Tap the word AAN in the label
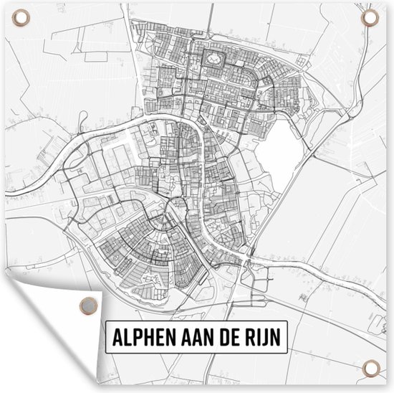coord(188,336)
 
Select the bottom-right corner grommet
coord(370,367)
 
